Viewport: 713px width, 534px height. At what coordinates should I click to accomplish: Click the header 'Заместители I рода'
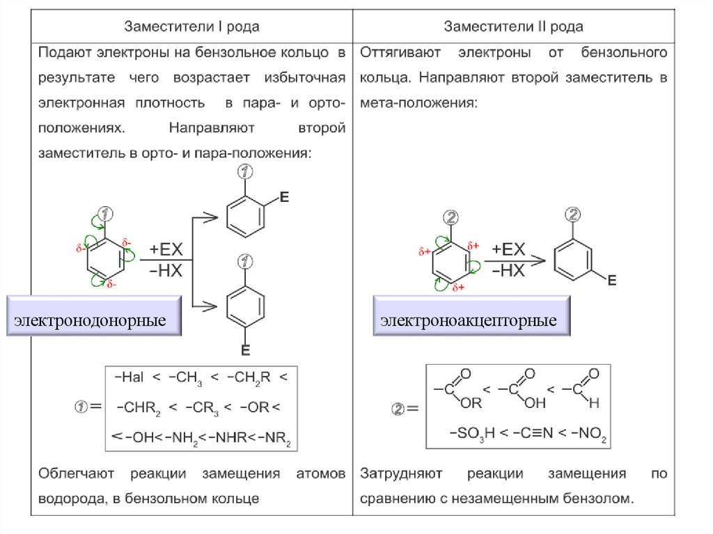point(191,27)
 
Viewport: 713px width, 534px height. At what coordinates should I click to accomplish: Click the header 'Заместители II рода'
point(514,27)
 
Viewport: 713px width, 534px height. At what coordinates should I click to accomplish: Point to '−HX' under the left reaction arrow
point(166,271)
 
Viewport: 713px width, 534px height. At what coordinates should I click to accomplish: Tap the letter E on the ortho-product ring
point(283,198)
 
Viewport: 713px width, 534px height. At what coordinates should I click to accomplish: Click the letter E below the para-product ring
point(245,350)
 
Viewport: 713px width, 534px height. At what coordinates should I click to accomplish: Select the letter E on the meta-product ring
point(612,281)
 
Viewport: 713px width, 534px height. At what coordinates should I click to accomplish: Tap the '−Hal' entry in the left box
point(129,377)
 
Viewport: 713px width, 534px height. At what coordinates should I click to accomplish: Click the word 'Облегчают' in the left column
point(77,475)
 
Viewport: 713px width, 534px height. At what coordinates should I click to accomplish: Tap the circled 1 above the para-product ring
point(245,262)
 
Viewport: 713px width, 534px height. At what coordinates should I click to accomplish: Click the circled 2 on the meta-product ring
point(572,214)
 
